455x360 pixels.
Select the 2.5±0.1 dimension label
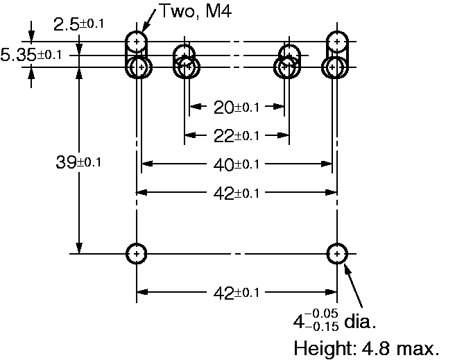coord(78,24)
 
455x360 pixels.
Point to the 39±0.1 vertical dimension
coord(78,162)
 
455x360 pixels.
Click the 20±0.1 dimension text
coord(236,108)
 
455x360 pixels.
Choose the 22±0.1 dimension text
coord(236,135)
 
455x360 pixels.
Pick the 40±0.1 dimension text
coord(236,164)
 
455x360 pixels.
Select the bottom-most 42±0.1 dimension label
coord(236,293)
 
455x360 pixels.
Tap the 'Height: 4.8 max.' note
coord(367,348)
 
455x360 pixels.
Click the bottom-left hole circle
coord(137,254)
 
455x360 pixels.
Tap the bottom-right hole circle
coord(336,254)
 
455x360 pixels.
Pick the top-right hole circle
coord(337,41)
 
